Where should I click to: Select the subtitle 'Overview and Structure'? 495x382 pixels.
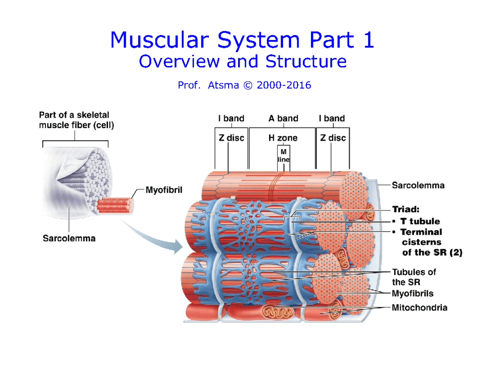[x=243, y=62]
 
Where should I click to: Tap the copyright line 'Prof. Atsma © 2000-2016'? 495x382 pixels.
[x=244, y=85]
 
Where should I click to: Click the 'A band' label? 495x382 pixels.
[x=283, y=119]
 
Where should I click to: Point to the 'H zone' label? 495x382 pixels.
[x=283, y=138]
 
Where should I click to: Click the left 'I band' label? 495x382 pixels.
[x=231, y=119]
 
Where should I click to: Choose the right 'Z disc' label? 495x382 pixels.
[x=333, y=138]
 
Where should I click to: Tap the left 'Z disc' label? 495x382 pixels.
[x=231, y=138]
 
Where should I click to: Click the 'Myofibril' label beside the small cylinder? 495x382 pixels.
[x=164, y=190]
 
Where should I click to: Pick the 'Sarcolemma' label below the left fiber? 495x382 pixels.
[x=69, y=238]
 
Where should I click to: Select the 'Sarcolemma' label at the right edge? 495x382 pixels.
[x=418, y=185]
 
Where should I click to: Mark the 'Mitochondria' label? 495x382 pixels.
[x=419, y=307]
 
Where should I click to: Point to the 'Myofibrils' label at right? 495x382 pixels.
[x=412, y=293]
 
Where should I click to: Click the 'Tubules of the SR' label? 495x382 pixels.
[x=413, y=277]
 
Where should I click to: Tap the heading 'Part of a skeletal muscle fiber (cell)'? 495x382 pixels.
[x=76, y=121]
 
